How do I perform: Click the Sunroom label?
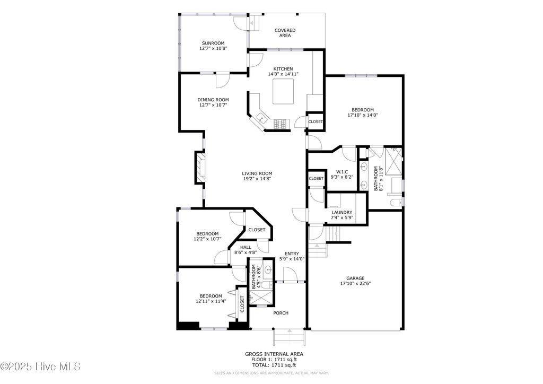point(213,43)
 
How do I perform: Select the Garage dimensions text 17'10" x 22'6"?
point(355,283)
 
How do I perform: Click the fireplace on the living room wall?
point(199,168)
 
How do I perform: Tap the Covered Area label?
point(285,33)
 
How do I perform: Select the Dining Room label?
point(213,100)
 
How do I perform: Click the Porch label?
point(281,313)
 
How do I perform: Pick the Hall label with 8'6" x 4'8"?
point(246,247)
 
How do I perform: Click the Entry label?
point(292,254)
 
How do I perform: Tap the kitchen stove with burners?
point(281,124)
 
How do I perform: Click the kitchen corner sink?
point(261,118)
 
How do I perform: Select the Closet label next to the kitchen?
point(316,121)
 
